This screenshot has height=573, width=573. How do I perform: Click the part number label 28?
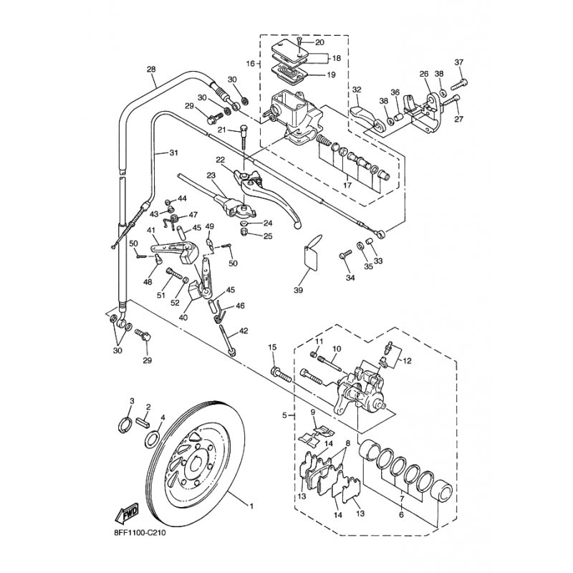[150, 69]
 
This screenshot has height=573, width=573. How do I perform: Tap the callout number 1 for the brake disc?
[251, 506]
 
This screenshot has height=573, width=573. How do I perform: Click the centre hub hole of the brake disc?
[194, 467]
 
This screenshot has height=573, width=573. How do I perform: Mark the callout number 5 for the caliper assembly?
[284, 415]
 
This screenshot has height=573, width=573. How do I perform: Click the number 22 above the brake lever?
[221, 160]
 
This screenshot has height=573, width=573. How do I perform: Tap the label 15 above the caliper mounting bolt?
[272, 347]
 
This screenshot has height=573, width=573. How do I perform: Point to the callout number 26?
[423, 74]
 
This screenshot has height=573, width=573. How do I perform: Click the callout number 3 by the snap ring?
[132, 400]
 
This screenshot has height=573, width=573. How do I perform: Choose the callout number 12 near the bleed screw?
[408, 360]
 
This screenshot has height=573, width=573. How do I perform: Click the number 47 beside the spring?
[193, 215]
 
